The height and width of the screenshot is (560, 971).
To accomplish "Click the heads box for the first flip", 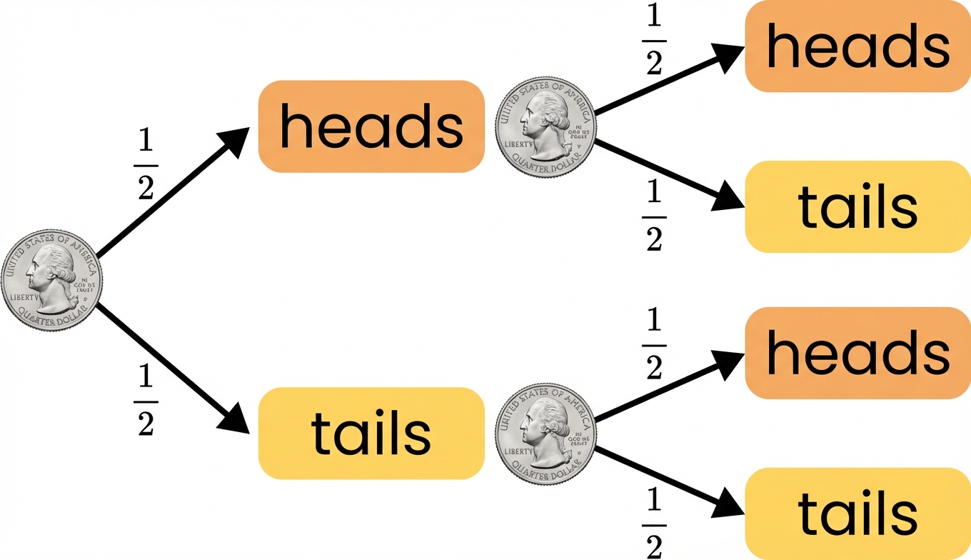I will click(371, 126).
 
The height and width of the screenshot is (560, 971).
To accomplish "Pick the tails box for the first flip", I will click(371, 433).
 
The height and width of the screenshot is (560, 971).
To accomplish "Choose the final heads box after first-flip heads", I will click(857, 46).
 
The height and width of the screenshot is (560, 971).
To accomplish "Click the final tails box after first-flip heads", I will click(857, 206).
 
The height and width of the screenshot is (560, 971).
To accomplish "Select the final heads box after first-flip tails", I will click(857, 353).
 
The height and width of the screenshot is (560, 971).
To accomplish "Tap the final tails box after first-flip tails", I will click(857, 513).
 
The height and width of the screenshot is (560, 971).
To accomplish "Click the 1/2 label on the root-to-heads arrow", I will click(146, 166).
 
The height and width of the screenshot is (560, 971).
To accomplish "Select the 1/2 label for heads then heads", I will click(653, 41).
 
